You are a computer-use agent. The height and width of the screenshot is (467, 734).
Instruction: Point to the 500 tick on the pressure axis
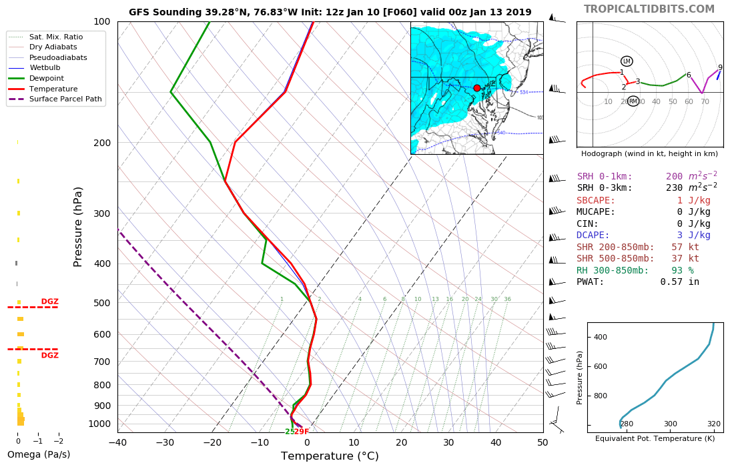pyautogui.click(x=101, y=303)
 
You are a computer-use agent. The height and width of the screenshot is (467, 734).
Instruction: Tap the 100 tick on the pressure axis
pyautogui.click(x=101, y=22)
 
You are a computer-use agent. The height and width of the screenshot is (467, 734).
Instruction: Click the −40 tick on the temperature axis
pyautogui.click(x=117, y=442)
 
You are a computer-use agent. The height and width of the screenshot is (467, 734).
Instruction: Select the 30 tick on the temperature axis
pyautogui.click(x=448, y=442)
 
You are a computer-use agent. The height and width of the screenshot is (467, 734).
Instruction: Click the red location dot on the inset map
pyautogui.click(x=476, y=88)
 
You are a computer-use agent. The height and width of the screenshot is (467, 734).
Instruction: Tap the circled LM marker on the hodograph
pyautogui.click(x=627, y=61)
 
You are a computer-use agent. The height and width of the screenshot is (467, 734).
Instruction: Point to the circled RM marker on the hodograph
pyautogui.click(x=633, y=101)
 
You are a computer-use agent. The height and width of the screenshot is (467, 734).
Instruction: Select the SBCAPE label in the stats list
pyautogui.click(x=596, y=201)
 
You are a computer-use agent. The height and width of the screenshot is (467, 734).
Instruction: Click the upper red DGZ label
pyautogui.click(x=50, y=302)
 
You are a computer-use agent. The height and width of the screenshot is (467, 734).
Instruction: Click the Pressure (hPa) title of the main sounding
pyautogui.click(x=78, y=227)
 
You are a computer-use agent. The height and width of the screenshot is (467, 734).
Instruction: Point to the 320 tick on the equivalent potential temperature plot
pyautogui.click(x=713, y=424)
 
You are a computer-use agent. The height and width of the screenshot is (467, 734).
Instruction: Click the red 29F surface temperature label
pyautogui.click(x=302, y=432)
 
